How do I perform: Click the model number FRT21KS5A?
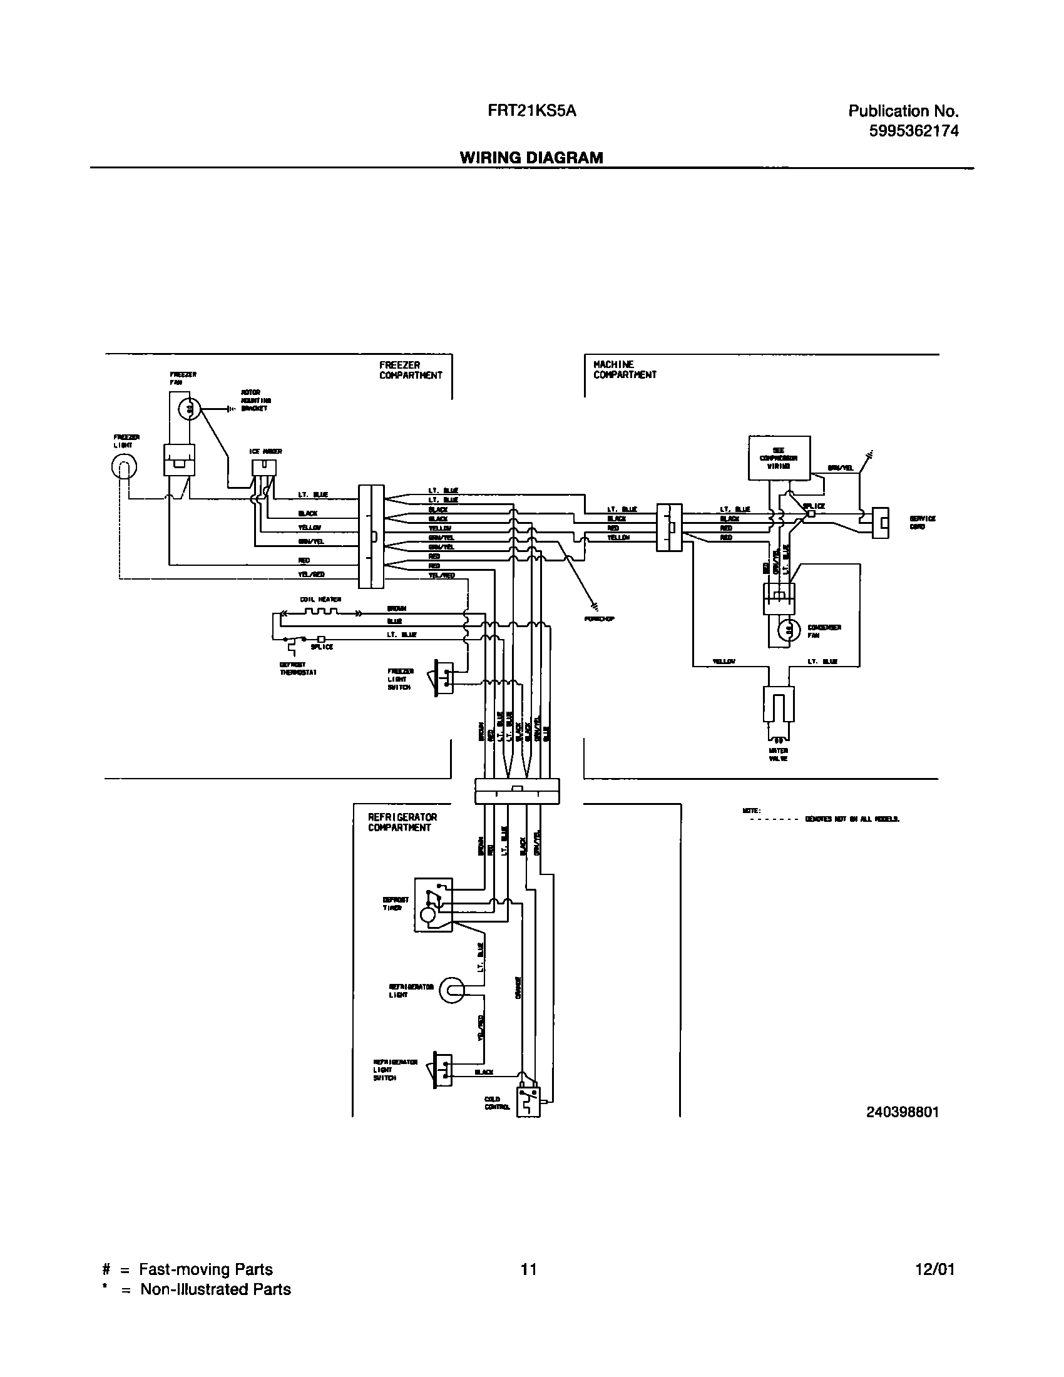531,111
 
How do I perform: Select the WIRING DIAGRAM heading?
531,158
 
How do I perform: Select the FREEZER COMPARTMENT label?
411,370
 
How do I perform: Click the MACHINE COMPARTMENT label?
624,369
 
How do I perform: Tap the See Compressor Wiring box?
779,458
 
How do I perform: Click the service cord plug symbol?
880,523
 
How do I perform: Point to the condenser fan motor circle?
787,630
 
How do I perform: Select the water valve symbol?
779,705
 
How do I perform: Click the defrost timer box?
433,904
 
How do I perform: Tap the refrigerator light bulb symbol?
450,992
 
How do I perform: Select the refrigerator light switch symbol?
443,1068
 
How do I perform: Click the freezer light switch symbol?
444,677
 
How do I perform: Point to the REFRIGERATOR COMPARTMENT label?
402,822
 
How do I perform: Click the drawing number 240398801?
902,1112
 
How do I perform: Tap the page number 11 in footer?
529,1269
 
